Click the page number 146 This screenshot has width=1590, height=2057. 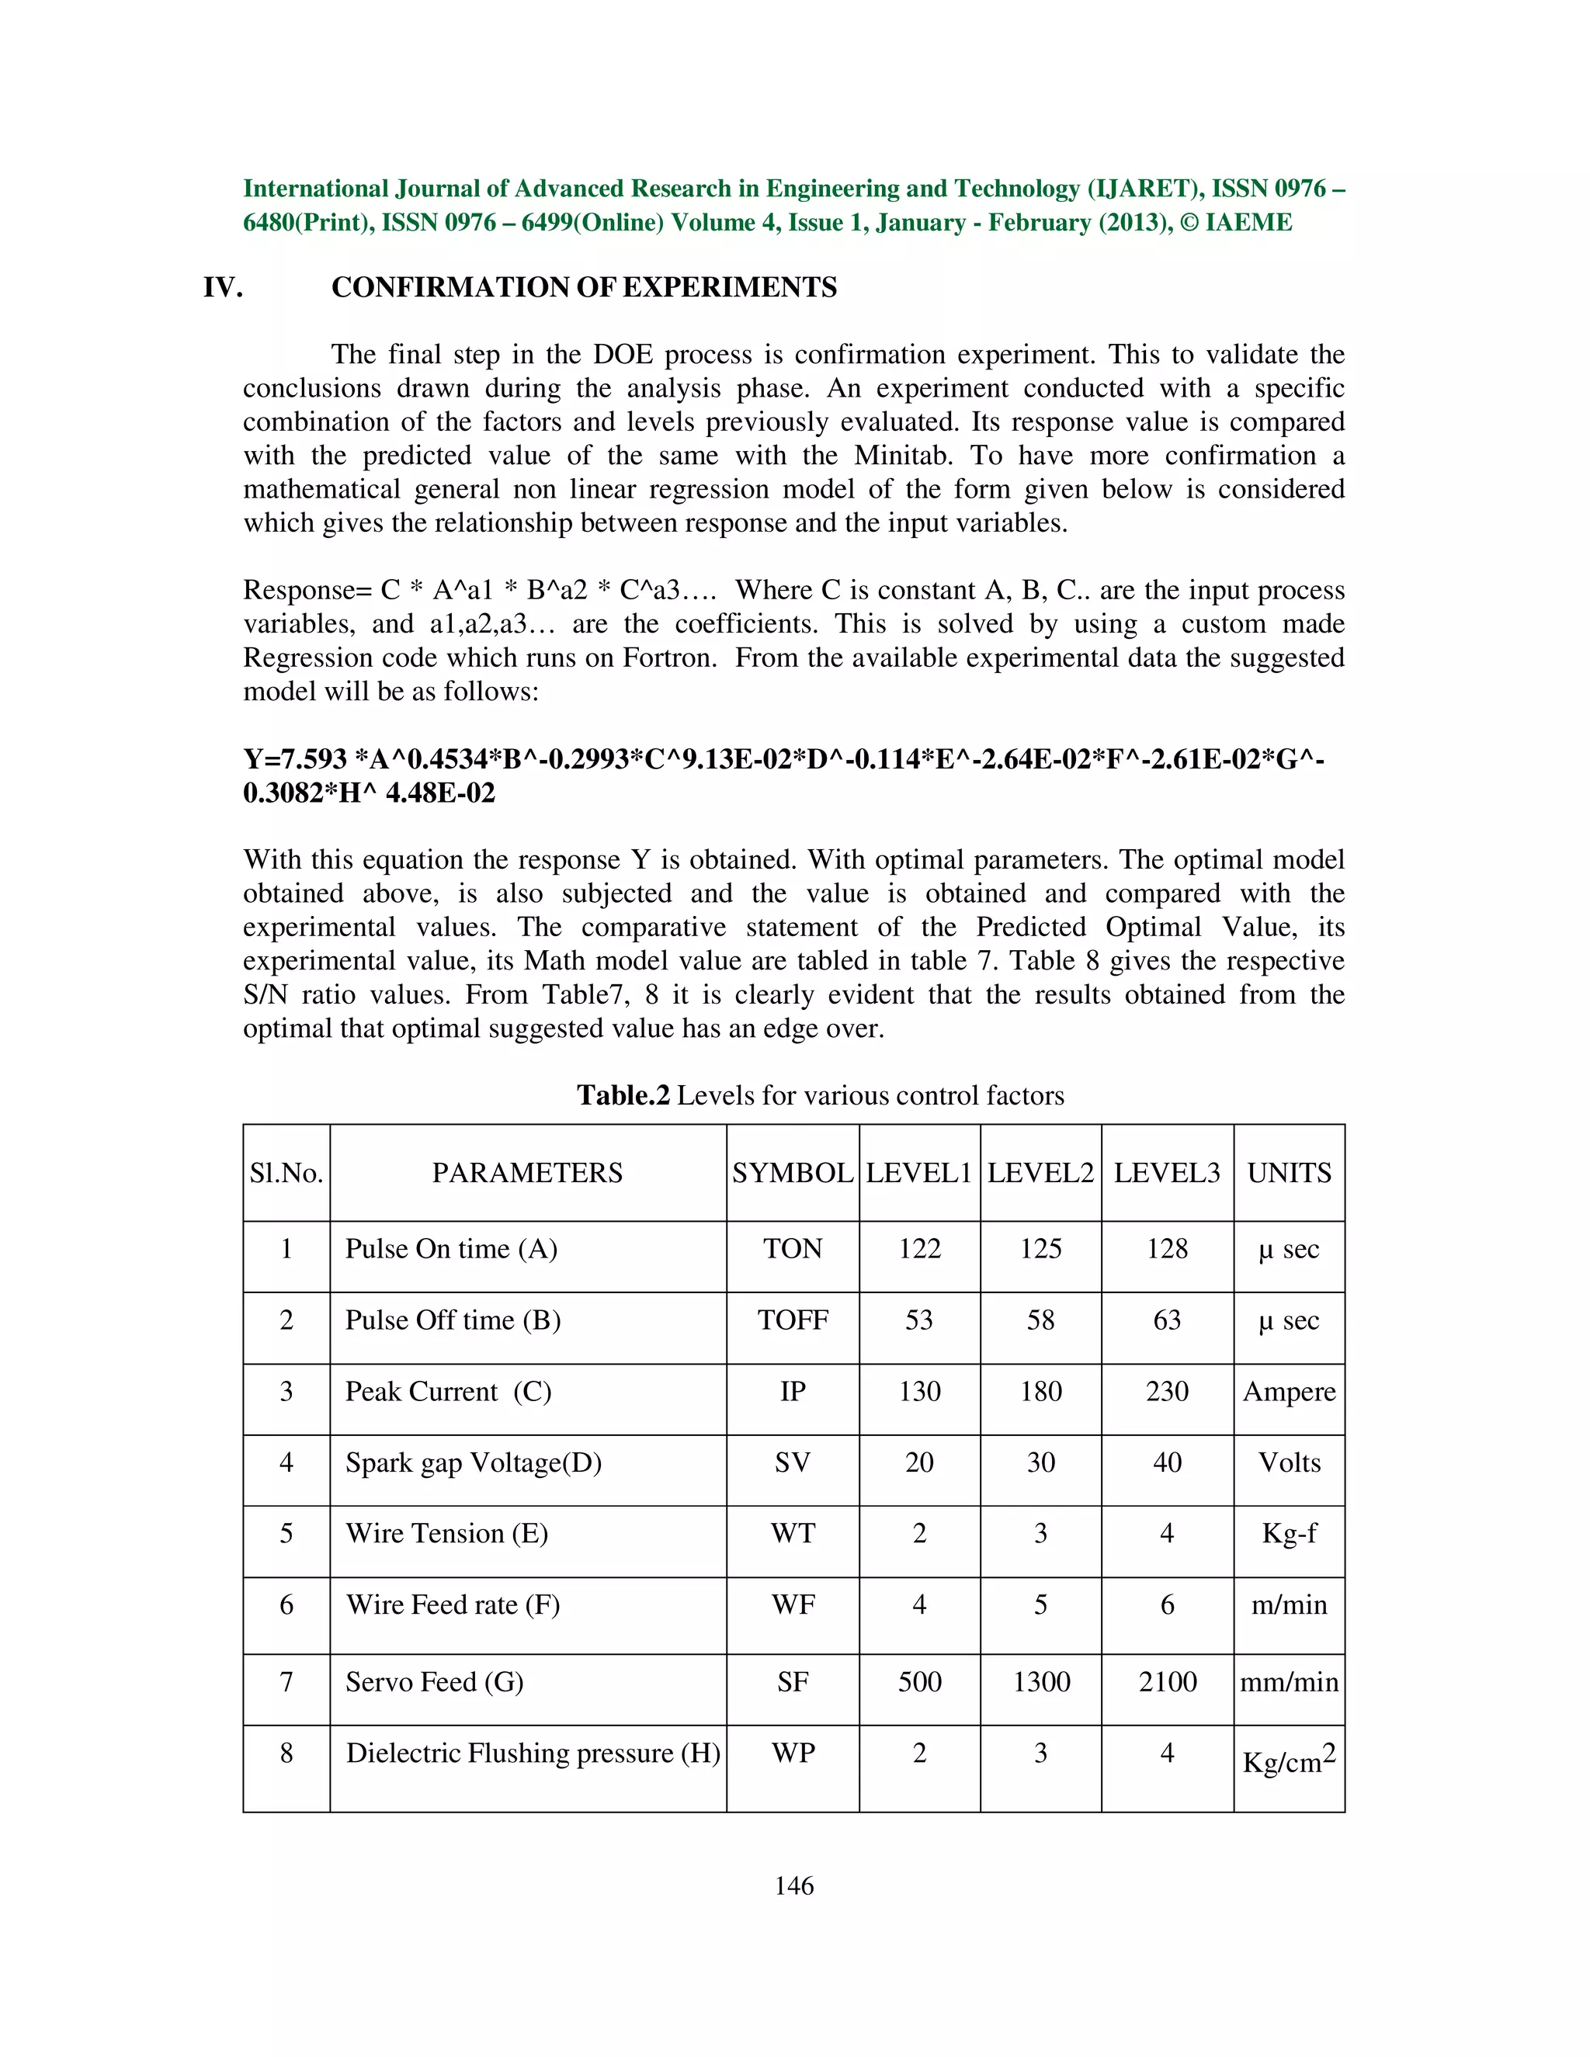tap(793, 1885)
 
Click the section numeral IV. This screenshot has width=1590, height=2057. tap(224, 287)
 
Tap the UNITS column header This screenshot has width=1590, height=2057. tap(1289, 1173)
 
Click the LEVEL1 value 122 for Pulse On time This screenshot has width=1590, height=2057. tap(919, 1249)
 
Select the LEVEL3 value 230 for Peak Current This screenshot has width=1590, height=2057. tap(1166, 1392)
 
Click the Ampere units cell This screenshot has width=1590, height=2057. tap(1289, 1392)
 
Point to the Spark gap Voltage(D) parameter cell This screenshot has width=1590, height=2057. tap(473, 1462)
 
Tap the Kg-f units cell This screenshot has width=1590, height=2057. tap(1289, 1533)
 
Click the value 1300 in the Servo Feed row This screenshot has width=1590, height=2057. tap(1041, 1682)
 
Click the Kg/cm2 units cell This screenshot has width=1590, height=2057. tap(1289, 1760)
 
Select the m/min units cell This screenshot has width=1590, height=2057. tap(1289, 1605)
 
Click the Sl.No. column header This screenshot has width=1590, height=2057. tap(286, 1173)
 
